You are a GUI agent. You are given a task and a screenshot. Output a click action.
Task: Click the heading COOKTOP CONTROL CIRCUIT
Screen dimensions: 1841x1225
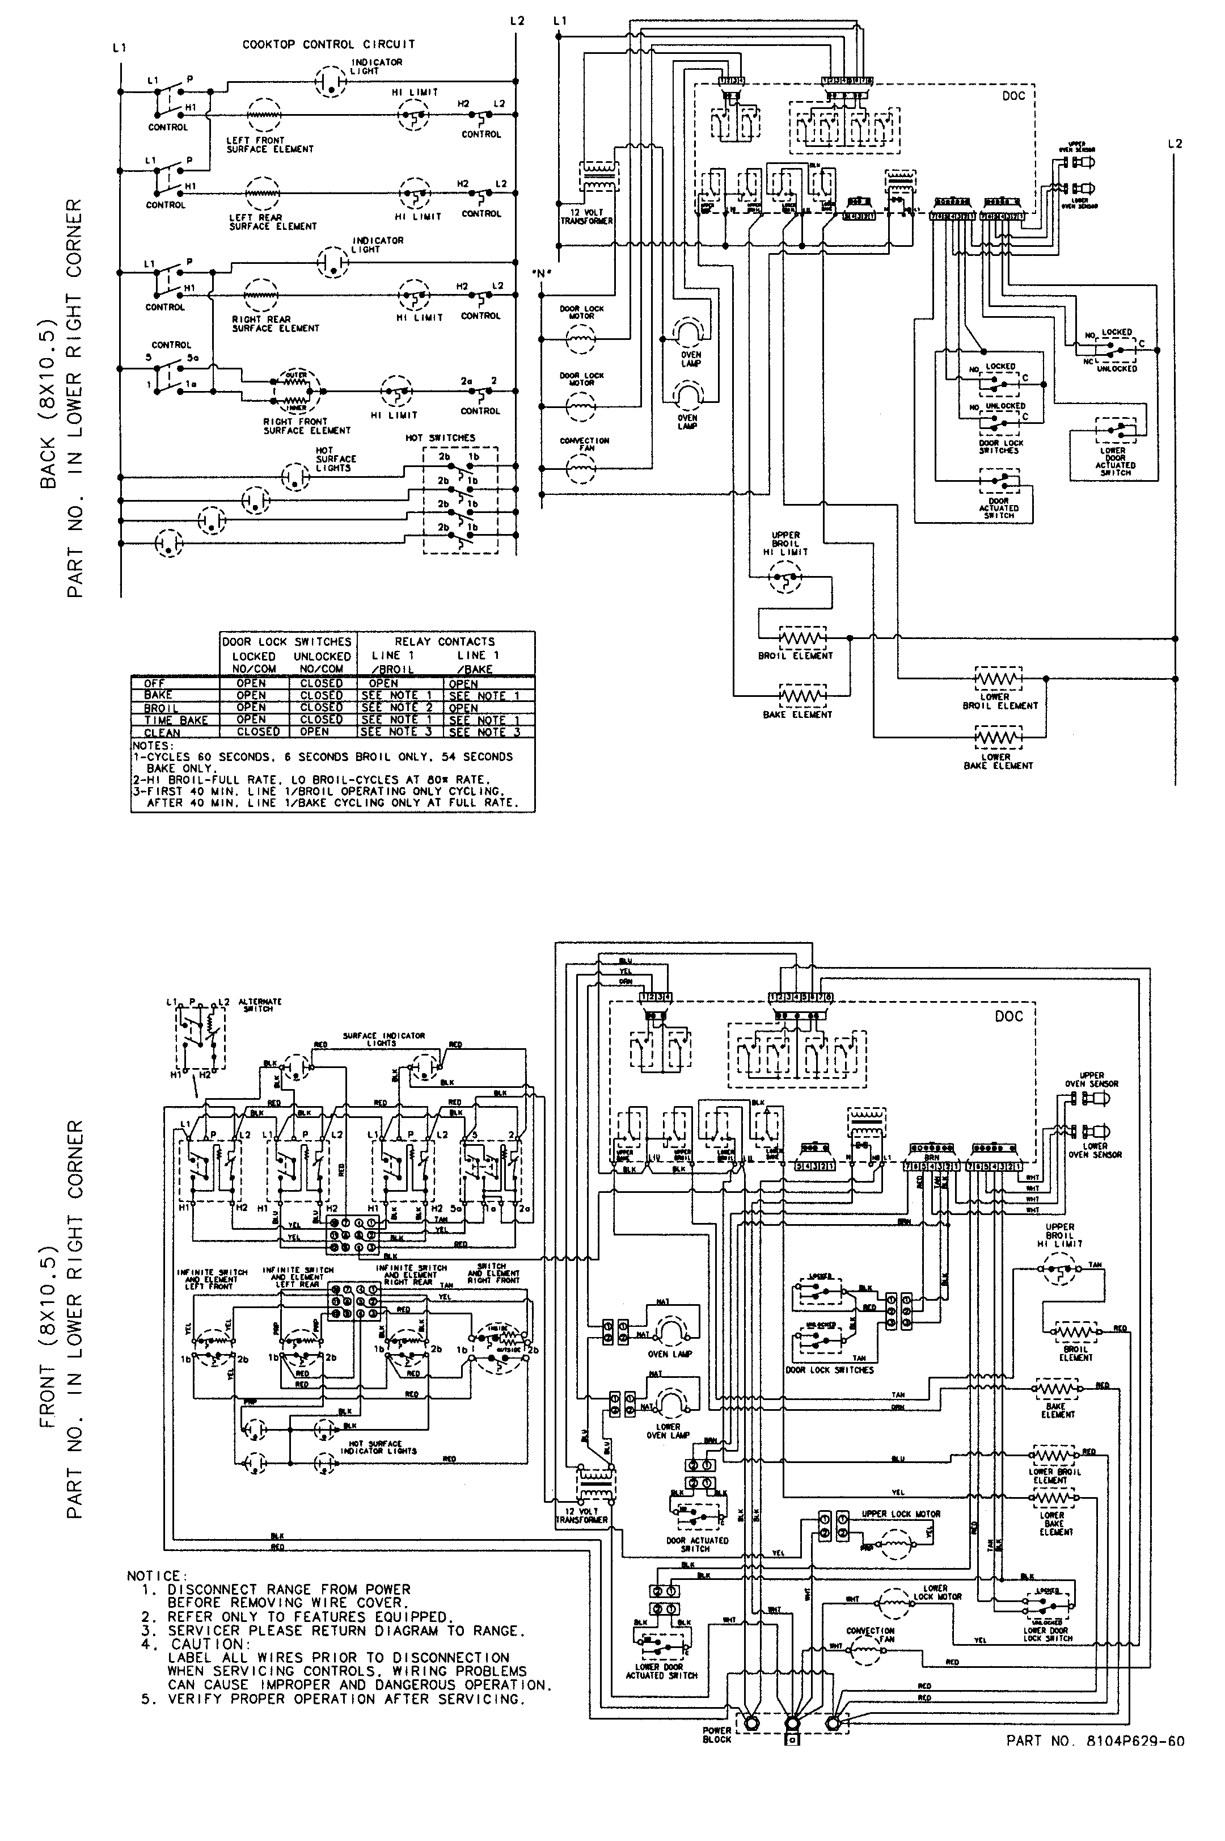[328, 45]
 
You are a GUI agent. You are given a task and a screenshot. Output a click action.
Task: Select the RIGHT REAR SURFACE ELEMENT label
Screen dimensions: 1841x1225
[275, 323]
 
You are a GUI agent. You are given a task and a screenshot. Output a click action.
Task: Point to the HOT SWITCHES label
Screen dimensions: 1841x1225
[440, 438]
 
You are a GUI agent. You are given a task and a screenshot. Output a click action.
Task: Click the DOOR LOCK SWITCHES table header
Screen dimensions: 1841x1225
[287, 641]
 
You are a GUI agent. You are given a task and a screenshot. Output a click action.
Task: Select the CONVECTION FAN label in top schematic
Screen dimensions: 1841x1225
[584, 444]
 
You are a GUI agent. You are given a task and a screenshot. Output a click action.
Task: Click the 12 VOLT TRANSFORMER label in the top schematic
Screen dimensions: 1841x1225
[586, 217]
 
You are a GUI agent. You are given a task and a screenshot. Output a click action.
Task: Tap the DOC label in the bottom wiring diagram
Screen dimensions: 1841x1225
[1008, 1016]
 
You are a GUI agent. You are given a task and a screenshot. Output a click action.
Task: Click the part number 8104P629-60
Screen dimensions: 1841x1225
[1095, 1740]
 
